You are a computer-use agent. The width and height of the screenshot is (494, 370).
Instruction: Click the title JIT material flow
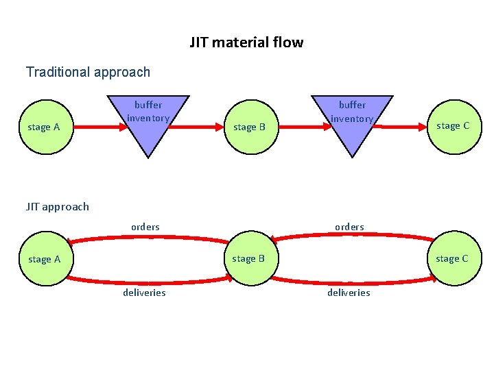click(246, 42)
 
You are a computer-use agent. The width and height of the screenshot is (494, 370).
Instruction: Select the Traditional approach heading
click(88, 72)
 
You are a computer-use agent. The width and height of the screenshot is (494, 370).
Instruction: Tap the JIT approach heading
click(58, 206)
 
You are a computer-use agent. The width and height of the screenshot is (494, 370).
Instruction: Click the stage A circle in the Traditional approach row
click(43, 127)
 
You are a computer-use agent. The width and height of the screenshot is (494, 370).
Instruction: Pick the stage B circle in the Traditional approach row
click(249, 127)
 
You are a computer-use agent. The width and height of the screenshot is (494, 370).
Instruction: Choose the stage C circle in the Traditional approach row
click(453, 125)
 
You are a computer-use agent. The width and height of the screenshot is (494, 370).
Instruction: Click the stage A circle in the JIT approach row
click(43, 259)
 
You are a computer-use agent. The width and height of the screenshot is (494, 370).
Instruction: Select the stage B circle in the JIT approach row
click(248, 258)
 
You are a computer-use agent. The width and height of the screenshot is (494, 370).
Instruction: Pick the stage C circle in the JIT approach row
click(453, 258)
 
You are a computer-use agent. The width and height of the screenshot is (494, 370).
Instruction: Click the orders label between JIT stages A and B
click(145, 227)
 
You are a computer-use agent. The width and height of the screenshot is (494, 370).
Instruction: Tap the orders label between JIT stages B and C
click(349, 227)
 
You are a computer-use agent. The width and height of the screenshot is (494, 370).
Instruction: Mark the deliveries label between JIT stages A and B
click(144, 293)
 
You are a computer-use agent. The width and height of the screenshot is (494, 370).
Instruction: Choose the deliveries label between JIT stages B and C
click(349, 293)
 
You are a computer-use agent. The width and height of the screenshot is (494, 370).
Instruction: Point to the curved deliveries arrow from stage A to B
click(148, 282)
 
